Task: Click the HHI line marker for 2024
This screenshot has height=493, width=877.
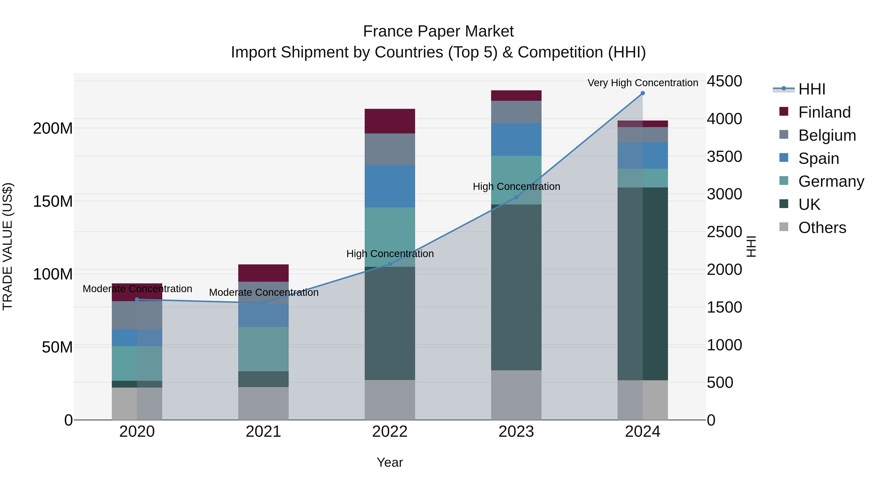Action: pyautogui.click(x=642, y=93)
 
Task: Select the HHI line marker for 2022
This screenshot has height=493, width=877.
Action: pyautogui.click(x=390, y=264)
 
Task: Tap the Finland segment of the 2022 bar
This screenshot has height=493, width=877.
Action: pyautogui.click(x=390, y=121)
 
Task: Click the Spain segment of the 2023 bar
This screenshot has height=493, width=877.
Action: pyautogui.click(x=516, y=140)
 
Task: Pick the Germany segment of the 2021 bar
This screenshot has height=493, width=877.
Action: pyautogui.click(x=263, y=349)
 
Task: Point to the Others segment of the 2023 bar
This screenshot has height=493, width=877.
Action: pyautogui.click(x=516, y=395)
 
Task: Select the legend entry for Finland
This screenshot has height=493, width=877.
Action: pyautogui.click(x=824, y=112)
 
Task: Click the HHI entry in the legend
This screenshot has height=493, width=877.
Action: pyautogui.click(x=812, y=89)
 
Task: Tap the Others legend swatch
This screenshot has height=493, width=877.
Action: pyautogui.click(x=784, y=227)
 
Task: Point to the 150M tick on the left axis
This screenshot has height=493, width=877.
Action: pyautogui.click(x=53, y=201)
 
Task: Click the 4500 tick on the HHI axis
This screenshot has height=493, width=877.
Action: pyautogui.click(x=724, y=81)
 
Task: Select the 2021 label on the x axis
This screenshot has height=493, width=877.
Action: pyautogui.click(x=263, y=432)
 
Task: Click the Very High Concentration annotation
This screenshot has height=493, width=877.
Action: pyautogui.click(x=642, y=83)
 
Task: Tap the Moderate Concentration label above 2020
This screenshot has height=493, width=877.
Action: pyautogui.click(x=137, y=288)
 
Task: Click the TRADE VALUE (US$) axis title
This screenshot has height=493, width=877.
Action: pyautogui.click(x=8, y=246)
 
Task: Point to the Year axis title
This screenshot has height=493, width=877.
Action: pyautogui.click(x=390, y=462)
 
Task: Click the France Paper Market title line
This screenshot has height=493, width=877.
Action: pyautogui.click(x=438, y=31)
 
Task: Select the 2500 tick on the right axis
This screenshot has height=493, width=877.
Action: pyautogui.click(x=724, y=232)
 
